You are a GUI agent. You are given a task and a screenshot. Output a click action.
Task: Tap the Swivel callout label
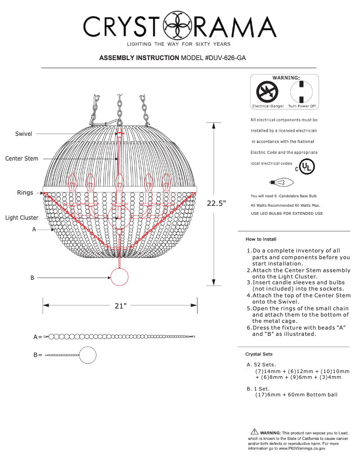(23, 134)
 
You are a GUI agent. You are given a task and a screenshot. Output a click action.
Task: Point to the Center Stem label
(22, 159)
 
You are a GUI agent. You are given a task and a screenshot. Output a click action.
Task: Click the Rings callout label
(25, 193)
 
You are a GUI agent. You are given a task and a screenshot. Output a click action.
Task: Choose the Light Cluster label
(22, 218)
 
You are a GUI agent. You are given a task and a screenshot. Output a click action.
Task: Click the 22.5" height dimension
(216, 203)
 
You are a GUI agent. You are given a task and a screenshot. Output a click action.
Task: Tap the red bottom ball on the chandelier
(119, 277)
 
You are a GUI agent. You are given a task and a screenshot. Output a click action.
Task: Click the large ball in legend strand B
(88, 355)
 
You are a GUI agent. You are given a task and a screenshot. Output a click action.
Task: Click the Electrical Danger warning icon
(267, 93)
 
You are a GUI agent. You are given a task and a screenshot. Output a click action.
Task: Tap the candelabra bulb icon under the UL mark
(280, 182)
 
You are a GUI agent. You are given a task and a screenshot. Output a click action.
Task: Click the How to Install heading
(261, 239)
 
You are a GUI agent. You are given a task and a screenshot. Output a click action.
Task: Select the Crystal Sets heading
(259, 354)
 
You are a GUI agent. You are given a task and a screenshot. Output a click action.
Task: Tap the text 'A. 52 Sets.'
(261, 365)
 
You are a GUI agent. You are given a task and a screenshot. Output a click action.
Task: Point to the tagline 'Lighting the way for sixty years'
(179, 44)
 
